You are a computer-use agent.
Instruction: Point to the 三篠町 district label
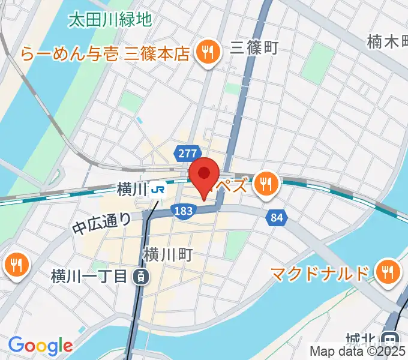coord(254,47)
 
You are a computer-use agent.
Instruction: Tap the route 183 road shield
coord(182,210)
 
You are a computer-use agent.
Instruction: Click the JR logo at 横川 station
coord(158,190)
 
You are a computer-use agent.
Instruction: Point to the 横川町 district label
coord(167,255)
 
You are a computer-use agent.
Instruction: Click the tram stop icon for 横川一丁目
coord(140,277)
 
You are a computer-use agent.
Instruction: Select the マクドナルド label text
coord(319,274)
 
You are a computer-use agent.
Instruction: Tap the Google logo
coord(40,346)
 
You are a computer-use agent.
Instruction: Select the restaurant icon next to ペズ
coord(265,183)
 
